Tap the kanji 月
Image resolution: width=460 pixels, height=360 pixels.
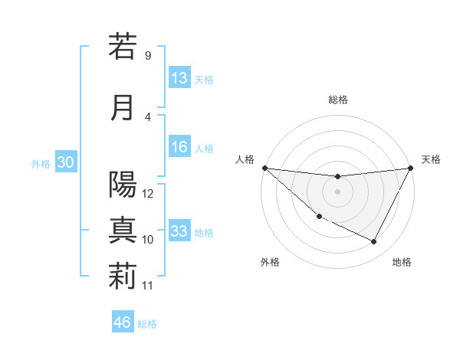coord(123,107)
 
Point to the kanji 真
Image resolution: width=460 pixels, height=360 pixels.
coord(123,231)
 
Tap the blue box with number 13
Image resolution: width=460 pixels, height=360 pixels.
coord(179,78)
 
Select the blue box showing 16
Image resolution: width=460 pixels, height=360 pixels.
coord(179,148)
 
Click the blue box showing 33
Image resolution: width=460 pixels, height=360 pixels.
coord(179,231)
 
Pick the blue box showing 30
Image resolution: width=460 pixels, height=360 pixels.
coord(65,162)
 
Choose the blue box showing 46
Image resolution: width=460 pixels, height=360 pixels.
coord(123,322)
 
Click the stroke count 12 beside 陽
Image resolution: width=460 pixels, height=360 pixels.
coord(149,194)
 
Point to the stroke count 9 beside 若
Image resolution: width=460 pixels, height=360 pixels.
coord(147,55)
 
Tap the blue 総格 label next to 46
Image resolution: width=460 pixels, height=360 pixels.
coord(147,324)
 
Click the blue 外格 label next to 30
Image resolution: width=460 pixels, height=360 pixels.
coord(41,164)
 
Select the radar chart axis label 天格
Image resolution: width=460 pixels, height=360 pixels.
coord(431,159)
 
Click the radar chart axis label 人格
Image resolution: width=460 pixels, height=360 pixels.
coord(245,159)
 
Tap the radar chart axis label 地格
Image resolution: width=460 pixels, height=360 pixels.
coord(402,262)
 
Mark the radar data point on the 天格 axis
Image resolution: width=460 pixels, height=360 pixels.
coord(410,168)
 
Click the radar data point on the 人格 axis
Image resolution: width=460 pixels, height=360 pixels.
coord(264,168)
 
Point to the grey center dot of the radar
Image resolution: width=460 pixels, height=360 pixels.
coord(337,191)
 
